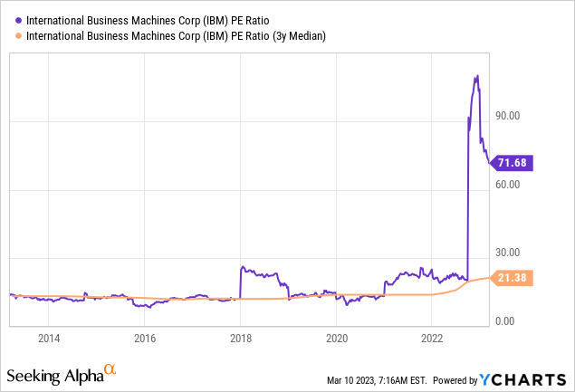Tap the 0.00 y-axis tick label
tap(507, 321)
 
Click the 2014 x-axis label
tap(49, 339)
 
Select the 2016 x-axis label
tap(145, 339)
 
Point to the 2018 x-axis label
tap(241, 339)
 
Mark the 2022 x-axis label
tap(432, 339)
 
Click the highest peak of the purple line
tap(476, 76)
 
